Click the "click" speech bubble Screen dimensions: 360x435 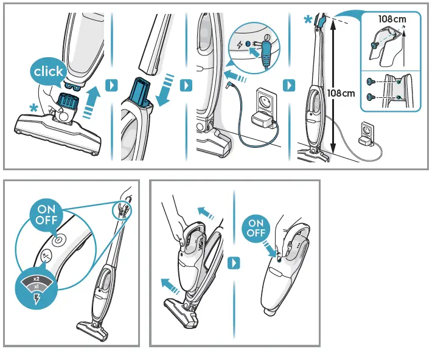click(48, 72)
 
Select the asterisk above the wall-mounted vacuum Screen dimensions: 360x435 click(309, 19)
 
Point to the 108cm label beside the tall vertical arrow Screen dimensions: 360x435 click(341, 93)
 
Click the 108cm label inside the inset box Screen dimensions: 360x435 click(391, 19)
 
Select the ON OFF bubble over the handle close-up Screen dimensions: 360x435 click(46, 214)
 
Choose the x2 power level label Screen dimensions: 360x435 click(36, 278)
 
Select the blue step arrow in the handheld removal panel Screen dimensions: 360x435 click(234, 263)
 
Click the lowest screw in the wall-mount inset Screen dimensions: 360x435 click(370, 97)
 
